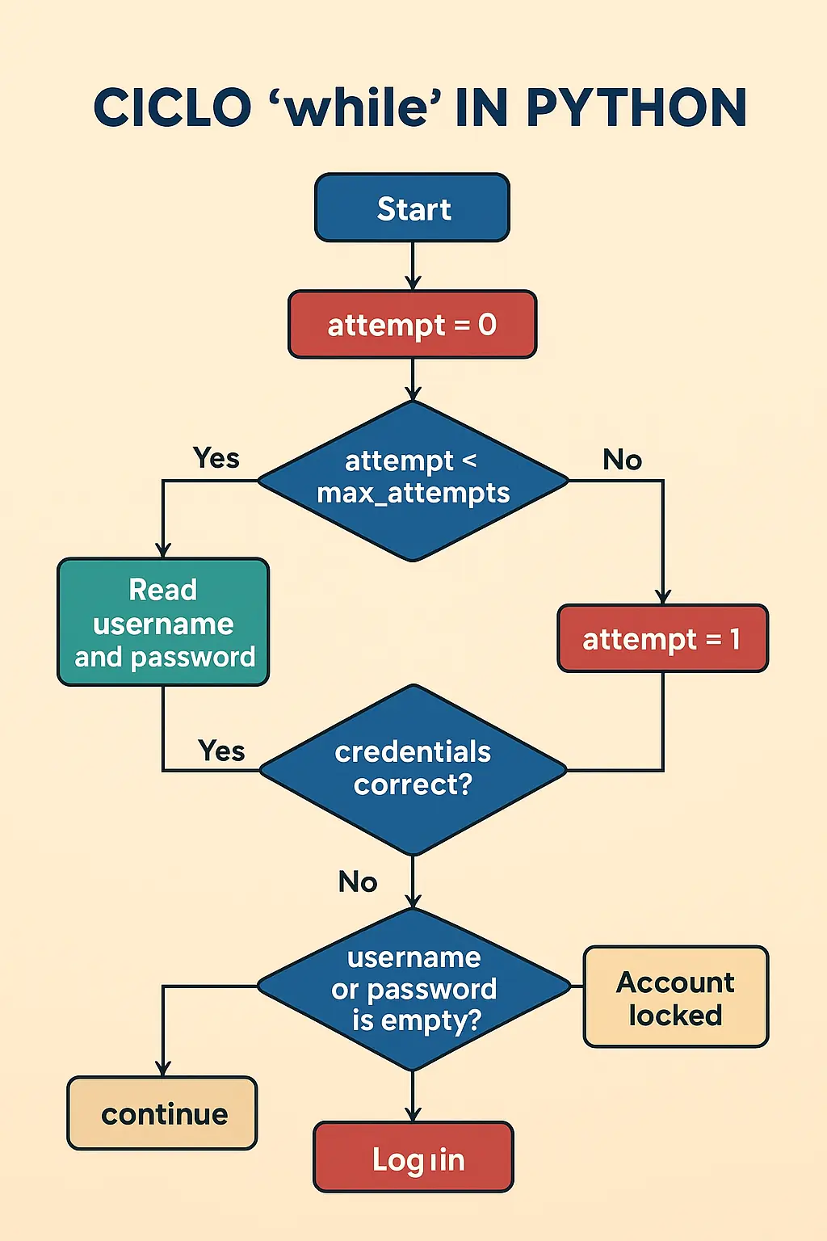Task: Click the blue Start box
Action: click(x=412, y=208)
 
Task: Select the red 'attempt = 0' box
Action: click(x=412, y=324)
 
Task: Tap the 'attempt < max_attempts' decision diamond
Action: click(x=413, y=480)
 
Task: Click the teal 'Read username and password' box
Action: click(x=163, y=622)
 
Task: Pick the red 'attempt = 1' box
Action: click(x=662, y=638)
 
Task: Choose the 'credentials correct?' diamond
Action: click(x=413, y=769)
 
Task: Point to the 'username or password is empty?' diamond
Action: click(x=413, y=988)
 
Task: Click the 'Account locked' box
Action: click(x=676, y=997)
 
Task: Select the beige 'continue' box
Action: click(x=162, y=1113)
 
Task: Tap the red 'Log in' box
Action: click(x=413, y=1157)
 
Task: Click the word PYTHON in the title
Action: click(x=636, y=107)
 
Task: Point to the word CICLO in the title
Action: click(x=172, y=107)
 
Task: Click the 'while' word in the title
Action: click(x=362, y=107)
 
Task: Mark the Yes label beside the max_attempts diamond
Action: click(x=216, y=458)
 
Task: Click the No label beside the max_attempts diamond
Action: click(x=622, y=460)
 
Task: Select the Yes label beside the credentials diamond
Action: click(x=221, y=751)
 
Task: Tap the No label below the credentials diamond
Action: click(x=358, y=881)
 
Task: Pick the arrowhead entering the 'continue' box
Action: click(x=163, y=1069)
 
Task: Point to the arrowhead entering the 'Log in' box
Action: click(x=413, y=1114)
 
